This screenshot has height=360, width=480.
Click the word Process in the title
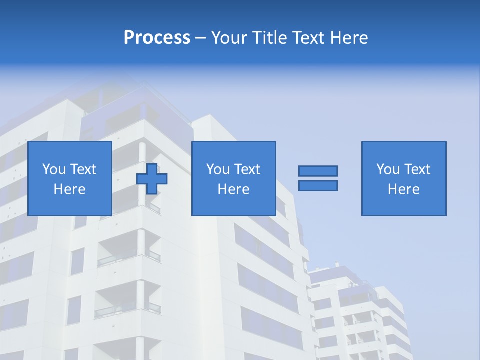coord(157,38)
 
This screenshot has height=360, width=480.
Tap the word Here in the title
coord(348,38)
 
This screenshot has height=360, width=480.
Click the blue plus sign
coord(152,179)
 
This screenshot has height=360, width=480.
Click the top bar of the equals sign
coord(318,171)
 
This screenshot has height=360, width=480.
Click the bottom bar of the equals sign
coord(318,185)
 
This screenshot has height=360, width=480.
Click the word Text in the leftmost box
coord(83,169)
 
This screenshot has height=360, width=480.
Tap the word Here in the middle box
coord(234,189)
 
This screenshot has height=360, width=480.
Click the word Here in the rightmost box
coord(404,189)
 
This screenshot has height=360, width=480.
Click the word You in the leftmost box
coord(54,169)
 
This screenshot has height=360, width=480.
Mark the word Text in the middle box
coord(247,169)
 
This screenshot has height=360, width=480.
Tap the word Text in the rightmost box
coord(417,169)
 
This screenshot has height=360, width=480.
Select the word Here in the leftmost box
coord(70,189)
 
